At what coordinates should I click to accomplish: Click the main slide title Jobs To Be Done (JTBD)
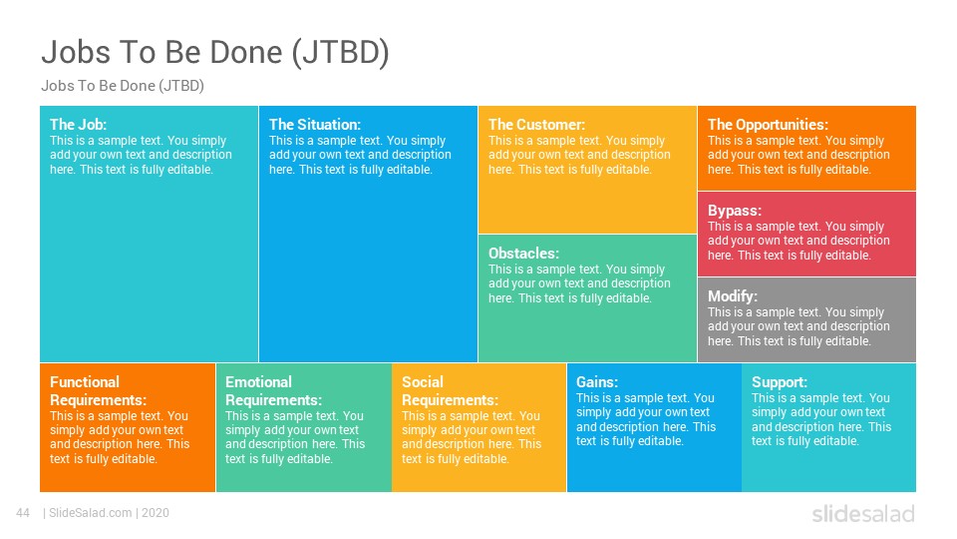point(215,53)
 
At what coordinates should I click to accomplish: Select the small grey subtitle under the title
point(123,86)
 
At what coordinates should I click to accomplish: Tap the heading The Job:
point(78,125)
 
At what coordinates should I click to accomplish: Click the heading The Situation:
point(315,125)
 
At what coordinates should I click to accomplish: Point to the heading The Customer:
point(536,125)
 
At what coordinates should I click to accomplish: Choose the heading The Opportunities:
point(768,125)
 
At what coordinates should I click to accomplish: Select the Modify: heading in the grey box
point(733,296)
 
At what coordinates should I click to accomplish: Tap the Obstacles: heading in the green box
point(523,254)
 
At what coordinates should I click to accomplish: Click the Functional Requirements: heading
point(99,391)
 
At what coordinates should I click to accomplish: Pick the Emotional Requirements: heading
point(273,391)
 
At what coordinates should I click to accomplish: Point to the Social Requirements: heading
point(450,391)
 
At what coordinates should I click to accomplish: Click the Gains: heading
point(597,382)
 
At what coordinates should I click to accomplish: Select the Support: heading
point(780,382)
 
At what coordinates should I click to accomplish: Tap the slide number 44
point(23,513)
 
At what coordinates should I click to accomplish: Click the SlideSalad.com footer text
point(91,513)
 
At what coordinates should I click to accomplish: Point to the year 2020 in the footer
point(156,513)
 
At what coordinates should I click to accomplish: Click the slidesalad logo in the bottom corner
point(863,514)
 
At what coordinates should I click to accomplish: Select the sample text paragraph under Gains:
point(646,419)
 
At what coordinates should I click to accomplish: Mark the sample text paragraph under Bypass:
point(798,241)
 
